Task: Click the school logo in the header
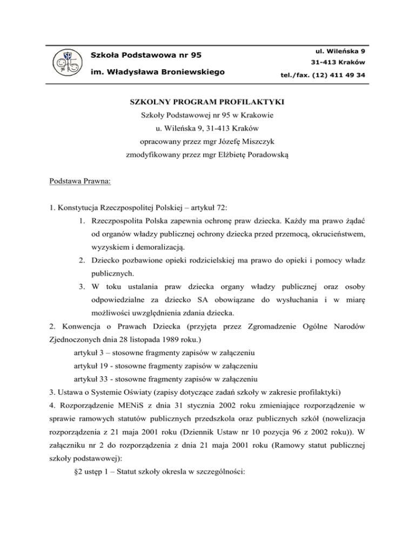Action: tap(68, 63)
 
